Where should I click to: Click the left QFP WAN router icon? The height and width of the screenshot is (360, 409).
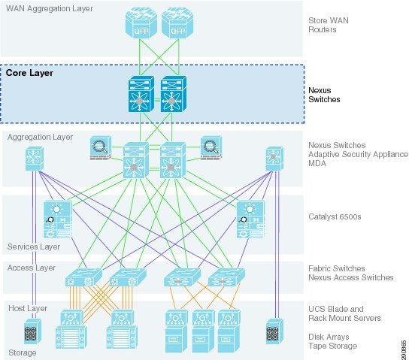(x=141, y=23)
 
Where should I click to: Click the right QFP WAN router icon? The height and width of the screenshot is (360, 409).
(x=177, y=23)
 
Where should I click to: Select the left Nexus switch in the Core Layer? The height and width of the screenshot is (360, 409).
(x=141, y=94)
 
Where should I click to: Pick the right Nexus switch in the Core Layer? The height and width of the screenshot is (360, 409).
(x=174, y=94)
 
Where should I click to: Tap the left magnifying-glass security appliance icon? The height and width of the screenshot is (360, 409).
(x=101, y=148)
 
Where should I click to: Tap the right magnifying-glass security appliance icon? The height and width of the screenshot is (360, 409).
(x=211, y=148)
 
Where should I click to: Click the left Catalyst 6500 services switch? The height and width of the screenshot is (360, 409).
(x=58, y=219)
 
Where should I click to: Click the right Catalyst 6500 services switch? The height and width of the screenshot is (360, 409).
(x=250, y=219)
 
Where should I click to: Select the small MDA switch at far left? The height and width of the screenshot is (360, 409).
(x=35, y=159)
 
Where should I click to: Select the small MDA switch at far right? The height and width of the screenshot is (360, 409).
(x=274, y=159)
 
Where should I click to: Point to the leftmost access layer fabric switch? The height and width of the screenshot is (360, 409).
(x=83, y=277)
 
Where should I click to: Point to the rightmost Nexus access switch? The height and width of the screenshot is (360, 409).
(x=226, y=277)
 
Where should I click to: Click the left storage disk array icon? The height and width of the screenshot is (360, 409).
(x=32, y=331)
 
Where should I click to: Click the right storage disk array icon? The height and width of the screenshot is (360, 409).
(x=274, y=331)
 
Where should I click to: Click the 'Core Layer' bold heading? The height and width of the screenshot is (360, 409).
(x=29, y=73)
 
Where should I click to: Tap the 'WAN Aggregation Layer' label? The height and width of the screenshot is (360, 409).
(x=50, y=8)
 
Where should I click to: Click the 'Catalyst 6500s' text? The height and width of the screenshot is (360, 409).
(x=335, y=216)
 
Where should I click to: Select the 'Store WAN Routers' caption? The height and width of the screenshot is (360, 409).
(x=329, y=25)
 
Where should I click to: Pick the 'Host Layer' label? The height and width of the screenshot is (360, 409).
(x=28, y=308)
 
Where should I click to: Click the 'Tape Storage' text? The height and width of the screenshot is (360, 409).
(x=333, y=346)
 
